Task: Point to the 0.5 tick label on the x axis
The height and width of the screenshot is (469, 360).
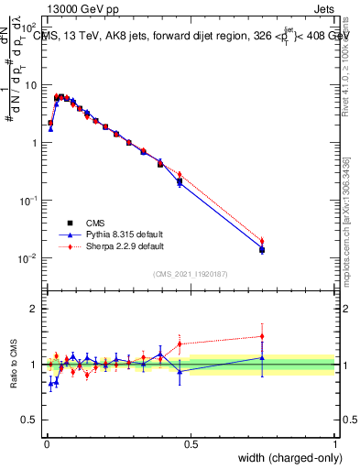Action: [x=191, y=444]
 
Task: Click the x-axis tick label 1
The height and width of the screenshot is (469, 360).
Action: [x=335, y=444]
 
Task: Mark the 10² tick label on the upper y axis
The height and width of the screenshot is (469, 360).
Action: [x=32, y=27]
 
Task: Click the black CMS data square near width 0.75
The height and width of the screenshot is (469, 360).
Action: [x=262, y=249]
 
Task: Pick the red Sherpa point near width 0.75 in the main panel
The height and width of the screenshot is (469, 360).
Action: [x=262, y=242]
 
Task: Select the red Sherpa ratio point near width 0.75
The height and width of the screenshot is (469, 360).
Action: [x=262, y=336]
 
